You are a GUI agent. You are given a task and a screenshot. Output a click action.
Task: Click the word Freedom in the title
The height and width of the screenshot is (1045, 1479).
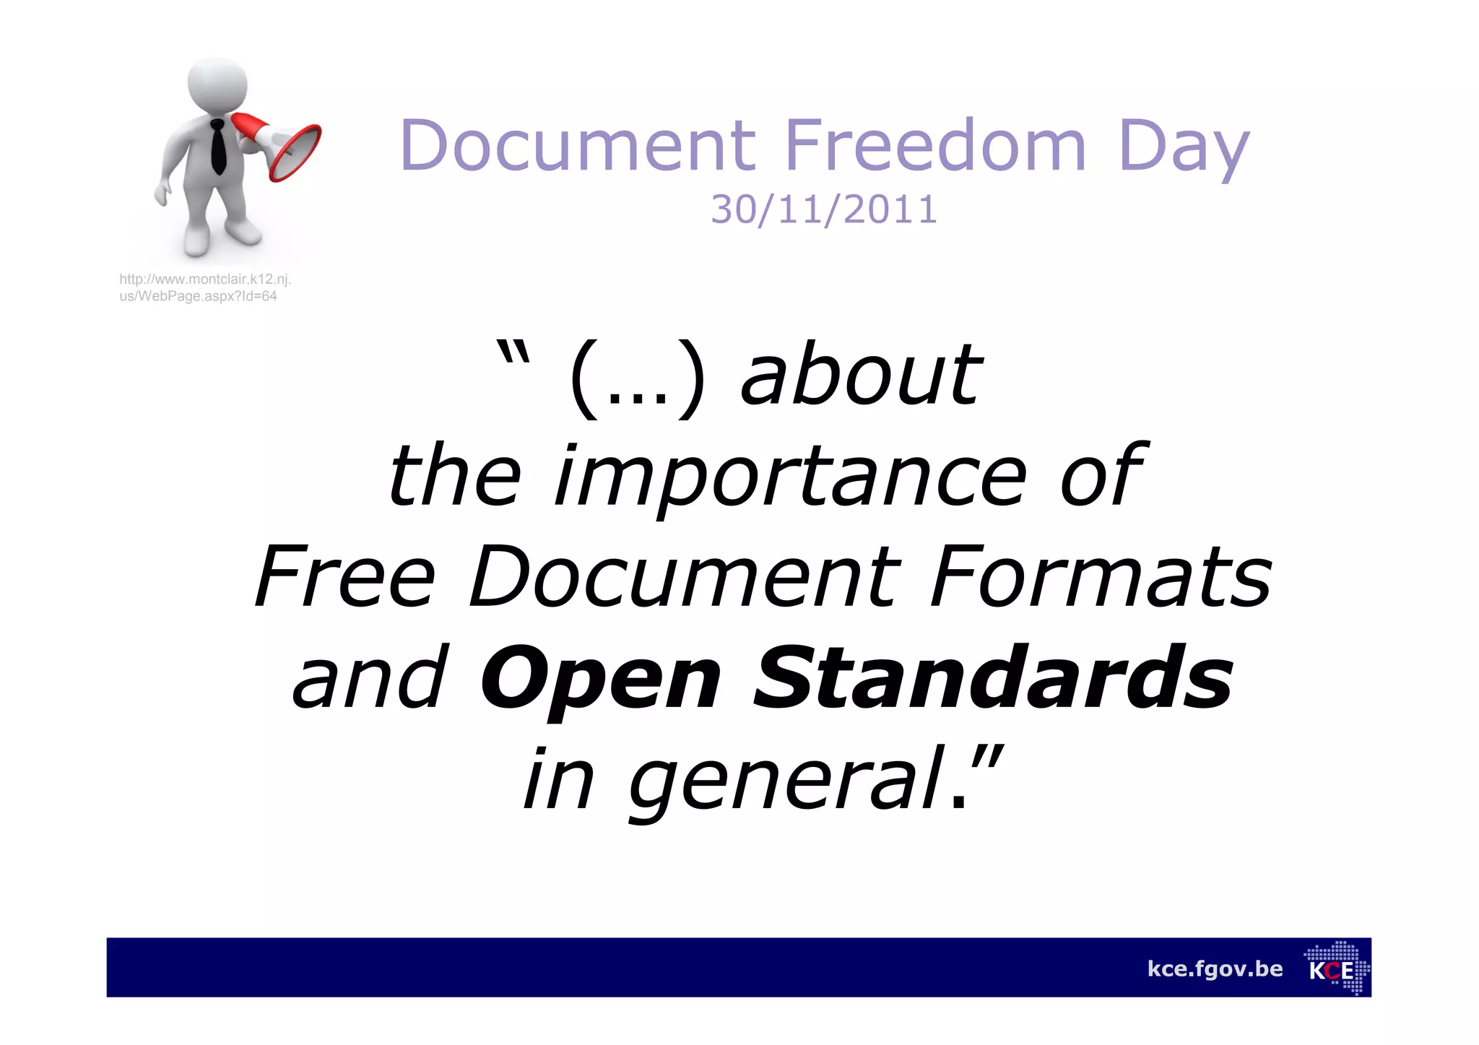tap(935, 146)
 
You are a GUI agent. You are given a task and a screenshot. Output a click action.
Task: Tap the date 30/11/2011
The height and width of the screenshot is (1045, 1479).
tap(824, 210)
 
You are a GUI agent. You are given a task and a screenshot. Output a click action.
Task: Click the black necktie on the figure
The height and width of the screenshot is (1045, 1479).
tap(217, 147)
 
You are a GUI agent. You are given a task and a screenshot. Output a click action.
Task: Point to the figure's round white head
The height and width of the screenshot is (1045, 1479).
tap(217, 85)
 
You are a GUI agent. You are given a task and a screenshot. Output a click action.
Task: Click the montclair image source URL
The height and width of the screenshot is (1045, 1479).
tap(204, 287)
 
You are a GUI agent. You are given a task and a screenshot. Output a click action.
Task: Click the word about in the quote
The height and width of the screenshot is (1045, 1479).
tap(861, 376)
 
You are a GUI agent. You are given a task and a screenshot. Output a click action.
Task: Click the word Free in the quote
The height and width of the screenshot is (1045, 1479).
tap(345, 578)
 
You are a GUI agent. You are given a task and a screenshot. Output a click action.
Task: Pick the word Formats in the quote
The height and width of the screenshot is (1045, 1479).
tap(1100, 578)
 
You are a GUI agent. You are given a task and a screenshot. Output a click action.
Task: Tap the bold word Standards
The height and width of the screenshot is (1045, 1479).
tap(993, 679)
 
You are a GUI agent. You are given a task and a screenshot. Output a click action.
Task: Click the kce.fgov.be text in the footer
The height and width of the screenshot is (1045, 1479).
tap(1215, 968)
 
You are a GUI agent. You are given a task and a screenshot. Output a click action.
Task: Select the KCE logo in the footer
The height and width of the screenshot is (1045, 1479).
tap(1337, 968)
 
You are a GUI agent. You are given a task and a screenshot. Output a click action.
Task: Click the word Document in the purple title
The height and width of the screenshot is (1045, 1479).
tap(578, 146)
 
